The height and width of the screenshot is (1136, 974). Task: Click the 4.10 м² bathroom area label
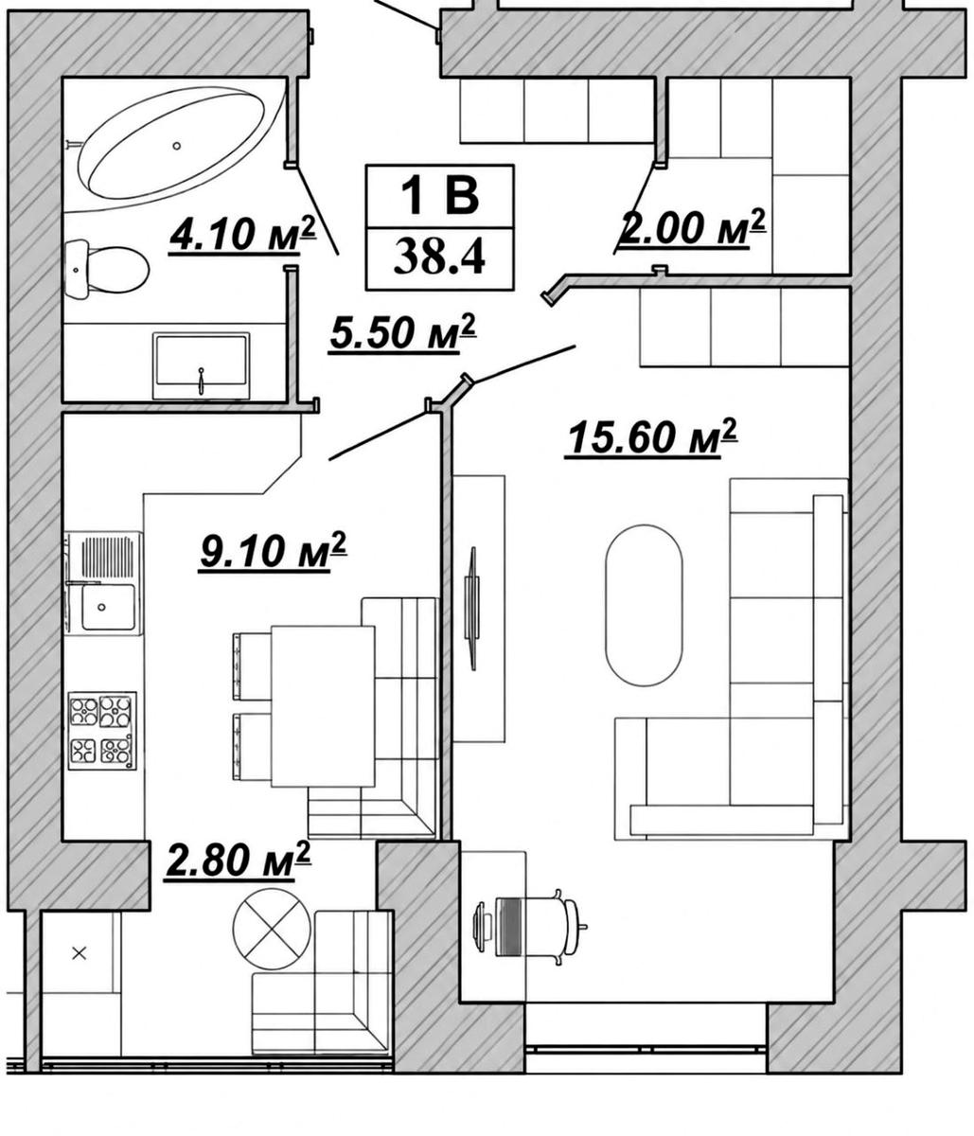(242, 235)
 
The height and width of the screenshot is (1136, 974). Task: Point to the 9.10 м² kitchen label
(273, 551)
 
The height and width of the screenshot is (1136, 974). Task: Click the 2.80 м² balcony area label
(237, 861)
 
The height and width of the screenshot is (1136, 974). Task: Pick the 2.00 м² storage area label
(692, 228)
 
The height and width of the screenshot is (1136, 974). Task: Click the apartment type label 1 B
(439, 196)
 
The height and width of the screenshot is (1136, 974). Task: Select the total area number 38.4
(439, 257)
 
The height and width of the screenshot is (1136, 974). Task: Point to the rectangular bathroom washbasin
(202, 365)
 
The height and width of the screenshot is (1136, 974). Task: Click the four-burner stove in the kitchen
(102, 731)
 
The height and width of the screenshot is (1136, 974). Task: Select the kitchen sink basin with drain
(108, 608)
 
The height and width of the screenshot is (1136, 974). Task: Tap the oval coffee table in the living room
(644, 605)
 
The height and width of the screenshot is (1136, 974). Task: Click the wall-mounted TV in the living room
(471, 608)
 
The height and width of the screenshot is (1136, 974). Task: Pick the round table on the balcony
(271, 929)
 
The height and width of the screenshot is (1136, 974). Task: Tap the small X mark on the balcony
(80, 953)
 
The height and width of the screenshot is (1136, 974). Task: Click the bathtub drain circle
(176, 145)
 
